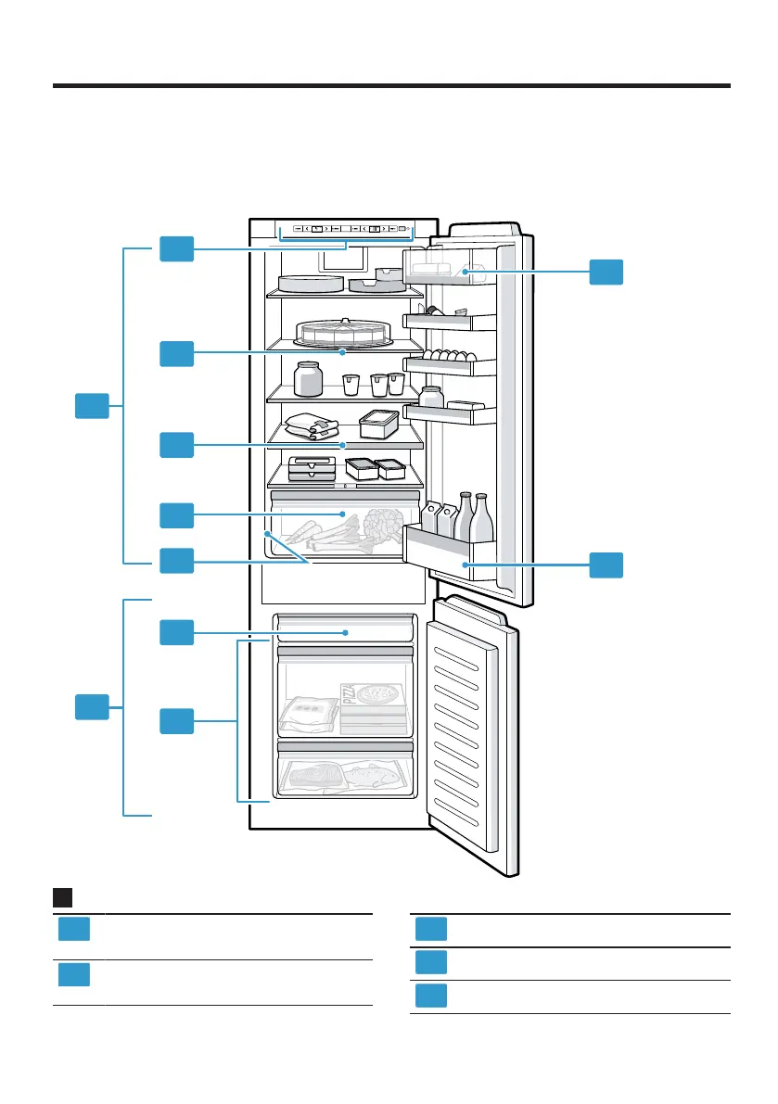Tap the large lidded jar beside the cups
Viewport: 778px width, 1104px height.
(x=308, y=378)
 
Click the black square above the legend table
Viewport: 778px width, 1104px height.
(x=63, y=897)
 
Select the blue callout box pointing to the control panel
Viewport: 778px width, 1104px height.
(x=176, y=248)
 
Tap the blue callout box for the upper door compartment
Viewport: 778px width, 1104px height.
(x=606, y=272)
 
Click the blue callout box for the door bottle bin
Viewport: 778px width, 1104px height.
(x=606, y=565)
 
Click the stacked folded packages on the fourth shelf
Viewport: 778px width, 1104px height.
(x=312, y=425)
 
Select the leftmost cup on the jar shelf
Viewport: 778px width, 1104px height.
(x=351, y=383)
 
